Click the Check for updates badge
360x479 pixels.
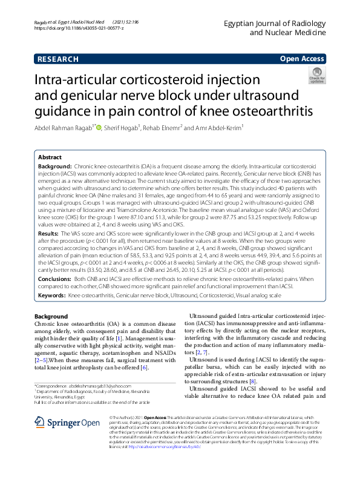[x=316, y=75]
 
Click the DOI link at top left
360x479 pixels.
[x=80, y=28]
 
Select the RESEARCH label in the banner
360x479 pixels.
[x=57, y=59]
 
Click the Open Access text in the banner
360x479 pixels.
[x=302, y=59]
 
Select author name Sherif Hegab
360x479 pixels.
[x=122, y=128]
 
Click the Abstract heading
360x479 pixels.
[x=51, y=156]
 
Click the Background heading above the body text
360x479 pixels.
[x=51, y=317]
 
